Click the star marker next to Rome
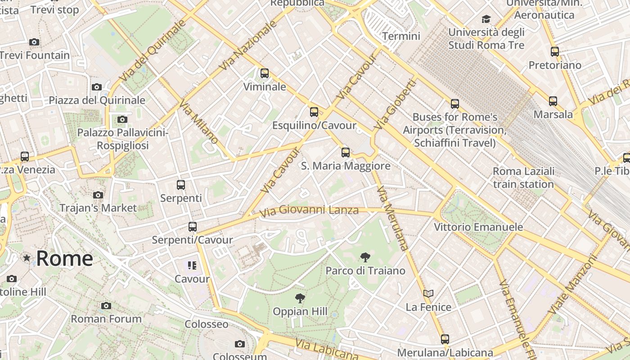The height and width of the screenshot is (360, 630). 27,258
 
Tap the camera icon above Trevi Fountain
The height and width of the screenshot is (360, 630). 34,42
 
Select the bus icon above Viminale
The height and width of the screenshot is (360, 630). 265,73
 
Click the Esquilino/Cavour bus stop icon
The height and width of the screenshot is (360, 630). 314,112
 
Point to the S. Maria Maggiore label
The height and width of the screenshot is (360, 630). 345,166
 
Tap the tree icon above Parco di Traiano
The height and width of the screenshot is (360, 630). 365,257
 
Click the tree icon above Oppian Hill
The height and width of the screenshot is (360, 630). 300,298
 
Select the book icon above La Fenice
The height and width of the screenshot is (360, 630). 428,294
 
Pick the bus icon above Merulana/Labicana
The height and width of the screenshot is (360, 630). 445,339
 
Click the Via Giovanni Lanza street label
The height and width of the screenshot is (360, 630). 310,210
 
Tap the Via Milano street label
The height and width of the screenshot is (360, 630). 198,122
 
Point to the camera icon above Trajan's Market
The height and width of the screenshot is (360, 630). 98,195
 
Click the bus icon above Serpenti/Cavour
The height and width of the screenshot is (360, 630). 193,227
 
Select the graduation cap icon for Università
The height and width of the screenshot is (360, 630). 486,19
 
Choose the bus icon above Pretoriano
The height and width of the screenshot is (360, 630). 555,52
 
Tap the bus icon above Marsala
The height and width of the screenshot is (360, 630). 553,101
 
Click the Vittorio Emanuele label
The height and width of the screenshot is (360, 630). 478,227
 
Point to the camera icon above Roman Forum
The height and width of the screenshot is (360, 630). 106,306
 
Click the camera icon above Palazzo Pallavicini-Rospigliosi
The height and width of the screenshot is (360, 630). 122,119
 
